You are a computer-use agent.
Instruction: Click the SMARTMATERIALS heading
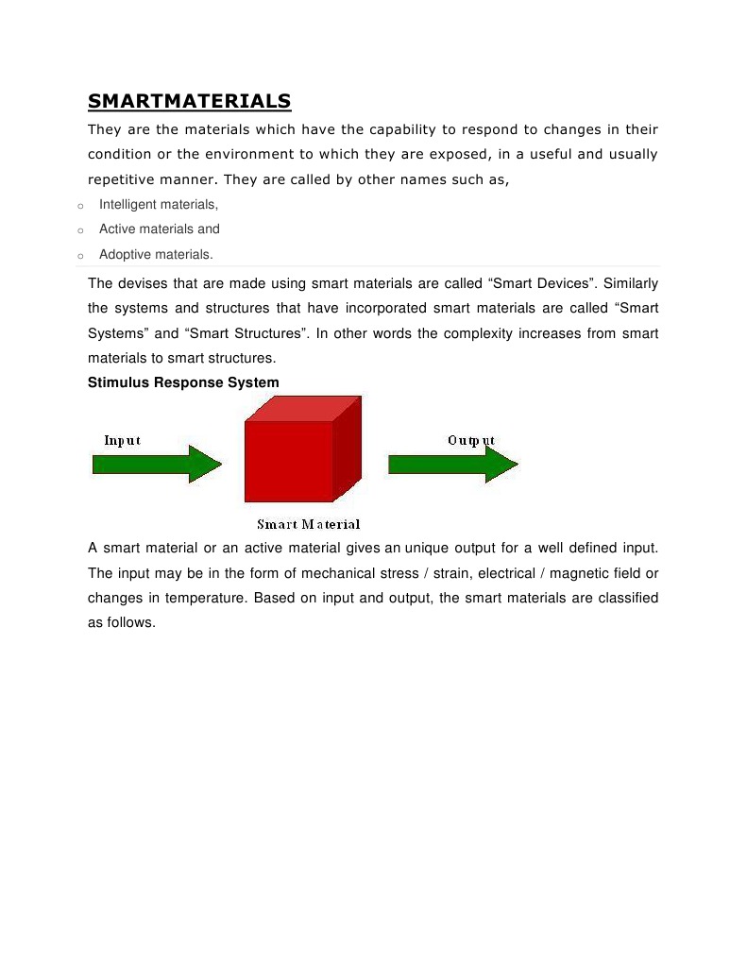pyautogui.click(x=189, y=101)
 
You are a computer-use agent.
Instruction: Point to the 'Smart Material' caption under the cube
pyautogui.click(x=309, y=524)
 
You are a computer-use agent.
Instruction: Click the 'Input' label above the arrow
pyautogui.click(x=122, y=441)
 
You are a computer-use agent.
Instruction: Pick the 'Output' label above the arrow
pyautogui.click(x=471, y=441)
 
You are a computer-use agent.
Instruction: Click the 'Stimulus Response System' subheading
pyautogui.click(x=183, y=382)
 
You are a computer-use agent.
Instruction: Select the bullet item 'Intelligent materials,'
pyautogui.click(x=159, y=204)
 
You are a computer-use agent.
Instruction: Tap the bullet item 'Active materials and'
pyautogui.click(x=160, y=229)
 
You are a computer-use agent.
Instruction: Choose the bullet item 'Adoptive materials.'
pyautogui.click(x=157, y=254)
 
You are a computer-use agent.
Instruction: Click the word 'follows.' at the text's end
pyautogui.click(x=130, y=623)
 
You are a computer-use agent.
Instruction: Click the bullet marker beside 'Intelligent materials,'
pyautogui.click(x=80, y=206)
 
